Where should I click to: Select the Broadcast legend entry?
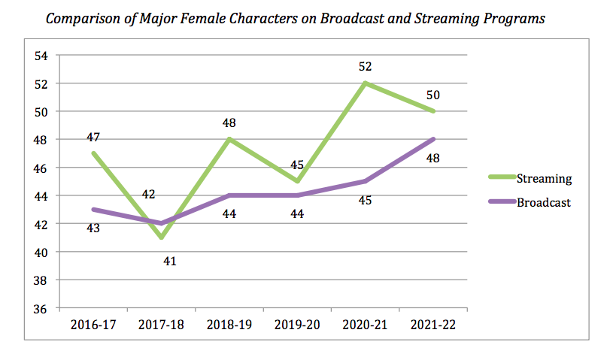(545, 202)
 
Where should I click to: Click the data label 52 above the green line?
(366, 68)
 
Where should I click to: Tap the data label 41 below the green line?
(162, 262)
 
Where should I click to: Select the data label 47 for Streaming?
(93, 138)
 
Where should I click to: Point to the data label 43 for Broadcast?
(93, 228)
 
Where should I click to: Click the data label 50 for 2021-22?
(433, 95)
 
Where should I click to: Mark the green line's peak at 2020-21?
(366, 83)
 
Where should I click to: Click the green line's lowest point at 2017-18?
(162, 237)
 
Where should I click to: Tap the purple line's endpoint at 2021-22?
(434, 139)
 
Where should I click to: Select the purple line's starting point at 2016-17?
(94, 210)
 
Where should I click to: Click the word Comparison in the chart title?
(81, 19)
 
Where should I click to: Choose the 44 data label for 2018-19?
(229, 214)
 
